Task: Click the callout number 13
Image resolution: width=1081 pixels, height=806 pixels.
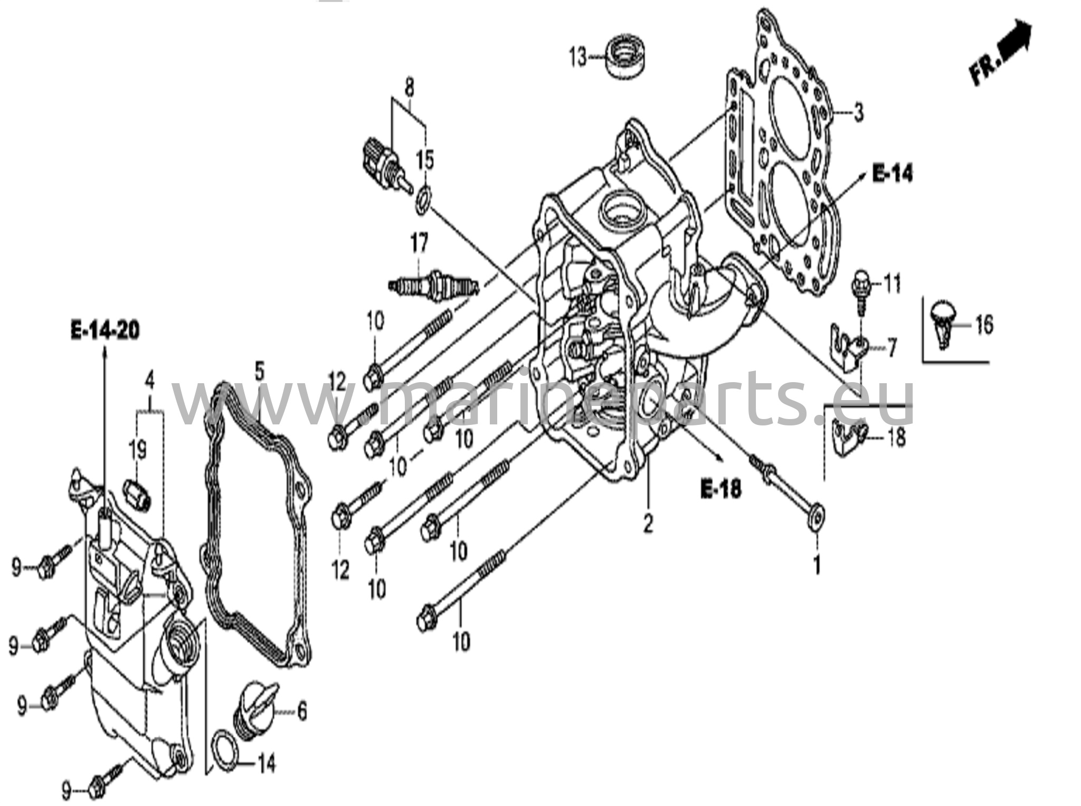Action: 577,57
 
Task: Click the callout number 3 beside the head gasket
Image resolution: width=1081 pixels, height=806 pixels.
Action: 859,112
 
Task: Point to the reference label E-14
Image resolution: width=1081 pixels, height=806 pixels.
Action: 892,173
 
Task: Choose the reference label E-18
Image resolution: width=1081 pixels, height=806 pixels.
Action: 720,489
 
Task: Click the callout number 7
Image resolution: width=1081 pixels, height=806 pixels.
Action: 891,349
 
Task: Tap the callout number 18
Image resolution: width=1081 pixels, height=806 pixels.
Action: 897,437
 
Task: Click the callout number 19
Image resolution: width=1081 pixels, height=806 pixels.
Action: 137,450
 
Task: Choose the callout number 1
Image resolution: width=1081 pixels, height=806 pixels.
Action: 817,566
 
